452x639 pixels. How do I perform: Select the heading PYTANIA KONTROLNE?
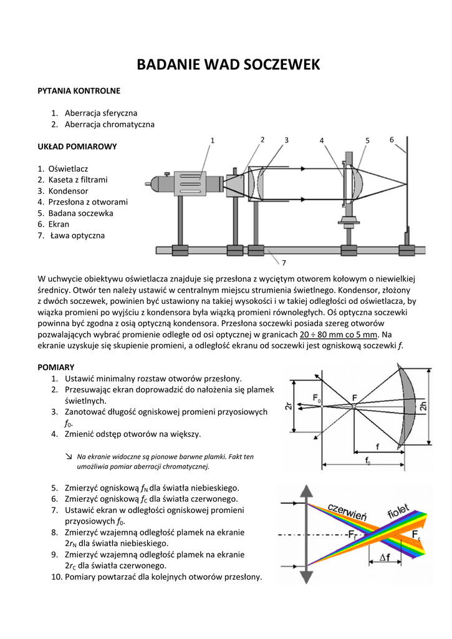[x=79, y=91]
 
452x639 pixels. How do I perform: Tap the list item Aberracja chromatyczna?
[x=109, y=124]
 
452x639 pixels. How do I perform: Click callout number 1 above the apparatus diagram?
[x=212, y=140]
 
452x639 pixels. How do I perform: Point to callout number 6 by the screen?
[x=392, y=139]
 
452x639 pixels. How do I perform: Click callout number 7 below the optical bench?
[x=283, y=262]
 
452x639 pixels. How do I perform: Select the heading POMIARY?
[x=56, y=367]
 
